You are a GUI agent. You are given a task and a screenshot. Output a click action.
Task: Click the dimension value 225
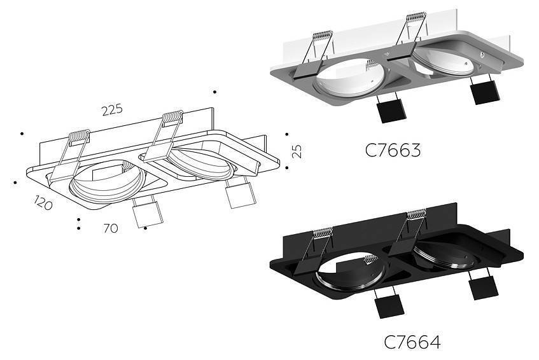click(x=111, y=109)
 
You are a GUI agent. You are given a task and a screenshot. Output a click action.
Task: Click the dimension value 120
click(x=43, y=204)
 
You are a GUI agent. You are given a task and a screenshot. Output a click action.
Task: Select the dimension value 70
click(x=111, y=228)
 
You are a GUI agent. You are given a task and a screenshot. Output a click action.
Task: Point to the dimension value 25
click(x=297, y=151)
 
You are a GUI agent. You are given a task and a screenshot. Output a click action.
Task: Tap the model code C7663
click(x=393, y=151)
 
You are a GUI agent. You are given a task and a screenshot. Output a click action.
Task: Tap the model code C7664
click(x=412, y=342)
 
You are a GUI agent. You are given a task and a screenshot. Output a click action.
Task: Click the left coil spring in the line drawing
click(x=79, y=135)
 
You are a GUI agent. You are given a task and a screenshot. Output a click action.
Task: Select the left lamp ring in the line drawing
click(x=104, y=181)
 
